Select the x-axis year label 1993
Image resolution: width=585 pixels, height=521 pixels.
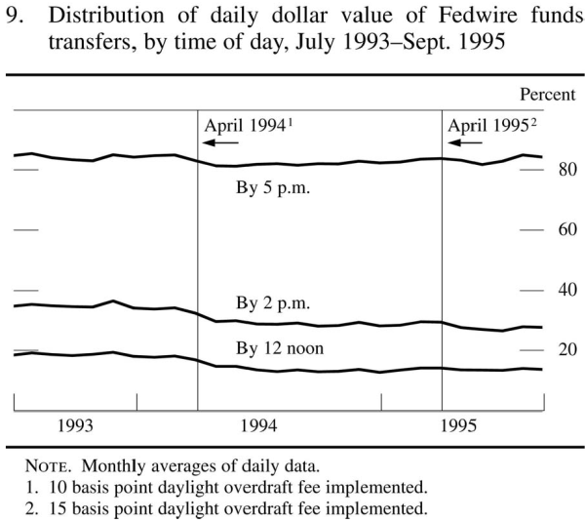[75, 425]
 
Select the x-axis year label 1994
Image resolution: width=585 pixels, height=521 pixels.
[258, 425]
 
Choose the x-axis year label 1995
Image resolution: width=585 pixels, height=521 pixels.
[459, 425]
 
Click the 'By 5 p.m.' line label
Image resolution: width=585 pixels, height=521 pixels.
[273, 189]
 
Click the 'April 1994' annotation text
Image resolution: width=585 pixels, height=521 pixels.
[245, 126]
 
